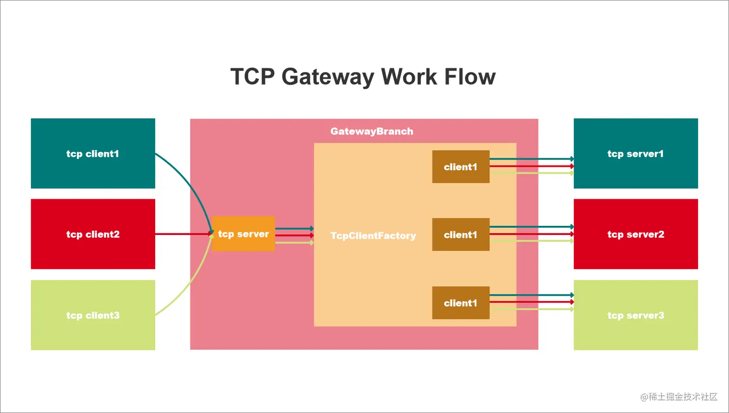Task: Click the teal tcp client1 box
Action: pyautogui.click(x=93, y=153)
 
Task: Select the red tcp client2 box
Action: pyautogui.click(x=93, y=234)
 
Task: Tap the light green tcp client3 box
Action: pyautogui.click(x=93, y=315)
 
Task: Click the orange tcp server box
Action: pyautogui.click(x=243, y=234)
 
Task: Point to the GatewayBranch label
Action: pyautogui.click(x=372, y=131)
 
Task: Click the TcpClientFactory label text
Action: pyautogui.click(x=373, y=235)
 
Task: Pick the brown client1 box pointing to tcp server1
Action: pyautogui.click(x=460, y=166)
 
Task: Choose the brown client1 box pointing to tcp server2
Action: pyautogui.click(x=460, y=234)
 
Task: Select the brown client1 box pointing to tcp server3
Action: pyautogui.click(x=460, y=303)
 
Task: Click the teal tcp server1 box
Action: pyautogui.click(x=635, y=153)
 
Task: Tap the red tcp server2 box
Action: pyautogui.click(x=635, y=234)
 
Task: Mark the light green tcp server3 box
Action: pyautogui.click(x=635, y=315)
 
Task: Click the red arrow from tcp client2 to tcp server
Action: pyautogui.click(x=183, y=234)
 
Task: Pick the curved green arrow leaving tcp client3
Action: pyautogui.click(x=191, y=285)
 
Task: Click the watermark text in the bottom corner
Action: pyautogui.click(x=678, y=397)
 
